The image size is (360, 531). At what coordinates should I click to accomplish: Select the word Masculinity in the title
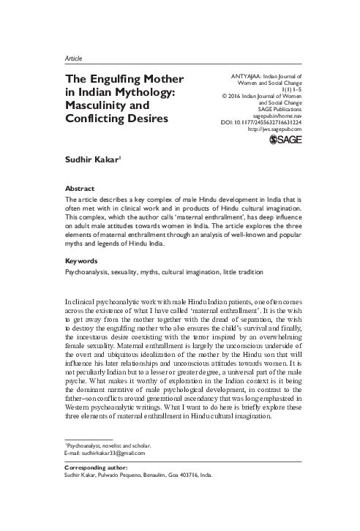pyautogui.click(x=98, y=105)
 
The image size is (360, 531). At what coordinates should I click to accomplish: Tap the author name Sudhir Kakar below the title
pyautogui.click(x=92, y=157)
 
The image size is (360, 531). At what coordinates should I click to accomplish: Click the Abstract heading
pyautogui.click(x=80, y=187)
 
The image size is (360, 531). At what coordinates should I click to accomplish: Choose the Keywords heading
pyautogui.click(x=82, y=260)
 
